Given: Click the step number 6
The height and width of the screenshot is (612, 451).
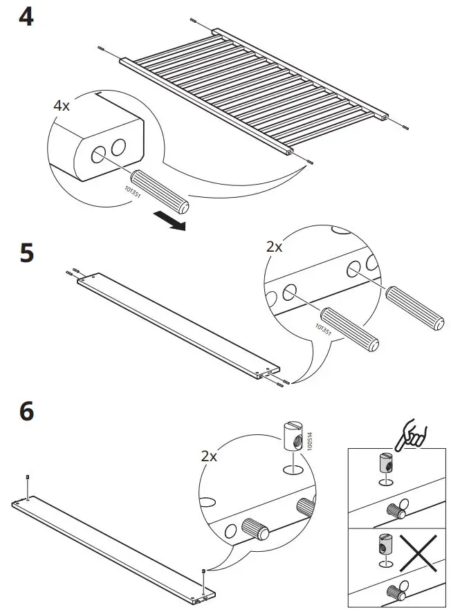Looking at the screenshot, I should tap(26, 411).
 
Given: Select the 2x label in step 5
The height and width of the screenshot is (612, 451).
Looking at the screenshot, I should tap(274, 247).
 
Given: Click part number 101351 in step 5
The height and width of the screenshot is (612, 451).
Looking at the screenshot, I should tap(323, 331).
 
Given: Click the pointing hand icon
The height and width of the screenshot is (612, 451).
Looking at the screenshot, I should tap(416, 434).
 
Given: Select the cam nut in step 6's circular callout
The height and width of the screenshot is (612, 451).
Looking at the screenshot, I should tap(291, 437).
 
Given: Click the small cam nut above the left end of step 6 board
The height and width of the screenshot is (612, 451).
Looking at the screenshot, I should tap(26, 478).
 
